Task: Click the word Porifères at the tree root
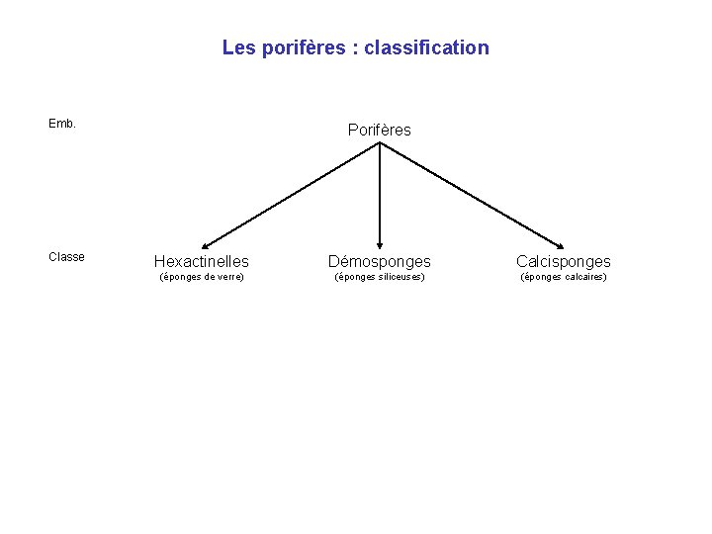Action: coord(380,130)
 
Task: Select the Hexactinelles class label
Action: coord(202,261)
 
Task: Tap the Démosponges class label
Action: coord(380,261)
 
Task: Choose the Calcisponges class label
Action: coord(564,261)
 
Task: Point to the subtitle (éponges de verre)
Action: coord(202,277)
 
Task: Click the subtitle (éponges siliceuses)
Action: coord(380,277)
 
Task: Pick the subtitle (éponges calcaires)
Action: coord(564,277)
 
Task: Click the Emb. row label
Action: coord(62,125)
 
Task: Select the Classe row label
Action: coord(66,257)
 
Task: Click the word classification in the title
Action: coord(426,47)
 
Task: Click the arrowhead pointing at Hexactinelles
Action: coord(204,246)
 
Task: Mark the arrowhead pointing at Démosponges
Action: coord(381,245)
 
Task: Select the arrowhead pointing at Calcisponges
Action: coord(561,246)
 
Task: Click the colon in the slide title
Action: coord(354,48)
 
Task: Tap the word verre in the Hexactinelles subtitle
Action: coord(228,277)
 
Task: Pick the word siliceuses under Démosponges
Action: coord(400,277)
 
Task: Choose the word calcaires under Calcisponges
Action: coord(585,277)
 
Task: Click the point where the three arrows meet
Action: coord(381,143)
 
